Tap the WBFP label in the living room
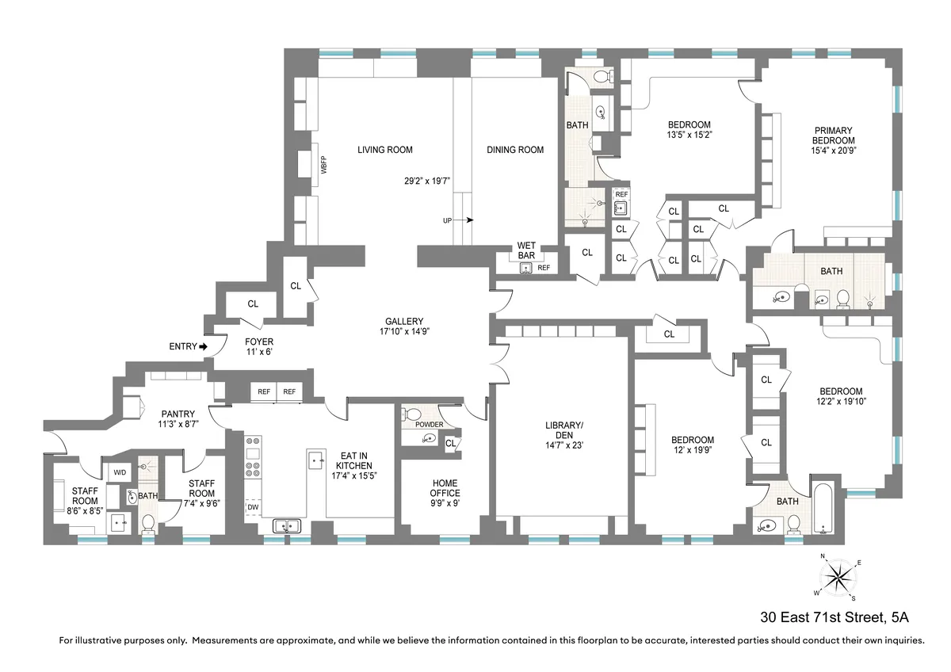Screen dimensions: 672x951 (x=323, y=167)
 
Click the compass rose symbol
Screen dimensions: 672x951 (x=838, y=576)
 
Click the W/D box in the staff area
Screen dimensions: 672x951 (x=120, y=473)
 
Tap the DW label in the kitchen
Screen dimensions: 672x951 (x=253, y=507)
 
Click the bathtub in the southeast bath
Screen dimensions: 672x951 (x=823, y=506)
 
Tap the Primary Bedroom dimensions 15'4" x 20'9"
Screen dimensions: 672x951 (x=831, y=149)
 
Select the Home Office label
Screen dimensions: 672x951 (x=445, y=488)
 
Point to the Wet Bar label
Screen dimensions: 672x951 (x=526, y=250)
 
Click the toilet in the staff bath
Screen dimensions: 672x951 (x=147, y=523)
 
